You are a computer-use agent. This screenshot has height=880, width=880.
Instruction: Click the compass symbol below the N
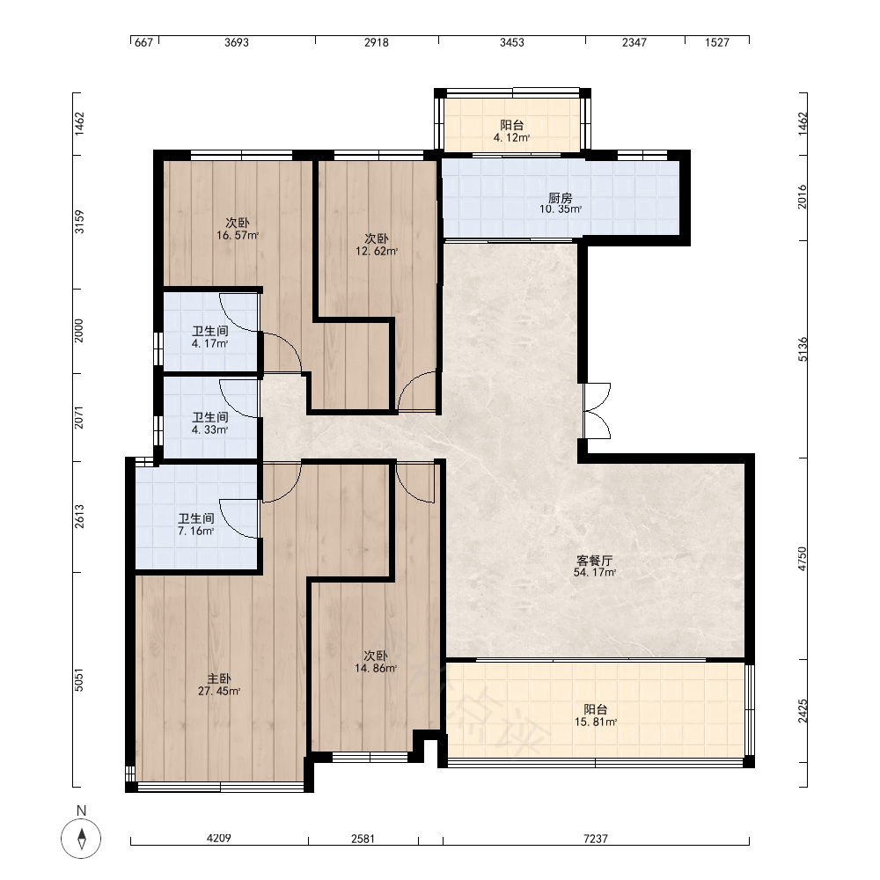click(x=81, y=839)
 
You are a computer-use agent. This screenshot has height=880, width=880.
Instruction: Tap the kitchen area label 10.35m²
click(x=561, y=209)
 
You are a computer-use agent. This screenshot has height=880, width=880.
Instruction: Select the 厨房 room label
click(x=560, y=197)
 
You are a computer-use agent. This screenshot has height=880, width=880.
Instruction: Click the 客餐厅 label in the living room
click(x=595, y=560)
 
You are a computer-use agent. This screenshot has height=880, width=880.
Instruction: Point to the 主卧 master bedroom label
click(x=219, y=679)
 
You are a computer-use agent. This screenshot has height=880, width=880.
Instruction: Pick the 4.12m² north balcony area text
click(x=512, y=137)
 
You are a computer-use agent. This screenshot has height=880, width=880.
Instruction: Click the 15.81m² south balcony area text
click(x=596, y=722)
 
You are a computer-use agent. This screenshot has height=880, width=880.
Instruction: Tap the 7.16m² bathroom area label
click(x=196, y=531)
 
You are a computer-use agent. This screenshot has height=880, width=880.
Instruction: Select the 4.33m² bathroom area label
click(x=210, y=430)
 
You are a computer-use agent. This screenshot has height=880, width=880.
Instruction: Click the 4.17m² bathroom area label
click(x=210, y=343)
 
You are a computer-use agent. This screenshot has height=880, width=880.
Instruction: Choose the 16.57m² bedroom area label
click(x=238, y=235)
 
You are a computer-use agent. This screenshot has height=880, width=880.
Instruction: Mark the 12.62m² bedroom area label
click(x=377, y=251)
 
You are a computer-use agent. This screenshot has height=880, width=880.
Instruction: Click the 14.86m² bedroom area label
click(x=376, y=668)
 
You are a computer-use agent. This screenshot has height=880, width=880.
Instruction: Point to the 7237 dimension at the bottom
click(x=596, y=839)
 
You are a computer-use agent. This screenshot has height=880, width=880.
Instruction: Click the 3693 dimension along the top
click(x=236, y=42)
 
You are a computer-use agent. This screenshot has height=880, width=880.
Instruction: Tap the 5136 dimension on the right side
click(x=803, y=349)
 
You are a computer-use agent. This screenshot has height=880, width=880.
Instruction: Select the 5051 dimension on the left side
click(x=79, y=679)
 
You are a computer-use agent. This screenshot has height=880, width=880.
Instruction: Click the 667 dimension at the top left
click(x=144, y=42)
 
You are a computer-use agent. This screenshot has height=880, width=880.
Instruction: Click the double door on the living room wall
click(x=597, y=411)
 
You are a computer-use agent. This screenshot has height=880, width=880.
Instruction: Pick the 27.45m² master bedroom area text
click(x=219, y=691)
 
